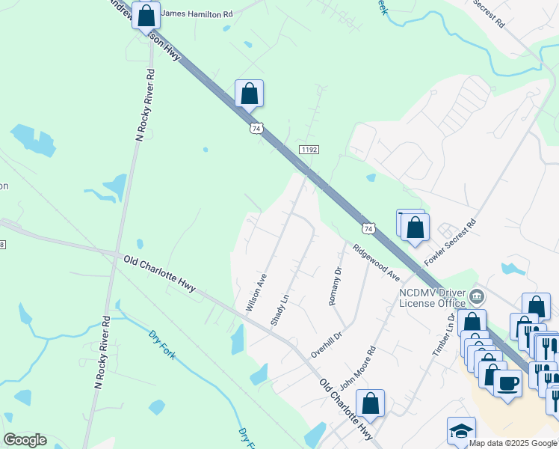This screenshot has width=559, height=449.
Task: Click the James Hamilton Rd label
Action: click(x=197, y=13)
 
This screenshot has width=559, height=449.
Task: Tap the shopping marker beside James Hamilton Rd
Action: click(x=146, y=15)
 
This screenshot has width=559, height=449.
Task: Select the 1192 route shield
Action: click(x=309, y=150)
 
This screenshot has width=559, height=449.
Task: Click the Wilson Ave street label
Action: click(x=256, y=292)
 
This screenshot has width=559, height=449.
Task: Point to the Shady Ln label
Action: click(x=279, y=309)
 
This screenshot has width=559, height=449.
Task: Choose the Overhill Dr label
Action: click(x=327, y=341)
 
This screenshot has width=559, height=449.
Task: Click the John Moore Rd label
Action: click(x=358, y=366)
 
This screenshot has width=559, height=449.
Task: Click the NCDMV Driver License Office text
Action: click(x=431, y=297)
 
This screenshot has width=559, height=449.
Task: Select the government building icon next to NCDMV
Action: click(x=476, y=299)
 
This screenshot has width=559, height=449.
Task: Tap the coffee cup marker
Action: click(x=507, y=383)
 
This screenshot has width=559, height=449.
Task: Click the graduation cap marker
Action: click(x=461, y=432)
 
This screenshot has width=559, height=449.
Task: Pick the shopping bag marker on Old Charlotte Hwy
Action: click(x=370, y=404)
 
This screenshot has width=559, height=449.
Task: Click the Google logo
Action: click(x=25, y=440)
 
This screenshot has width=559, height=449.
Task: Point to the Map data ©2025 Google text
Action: click(x=513, y=443)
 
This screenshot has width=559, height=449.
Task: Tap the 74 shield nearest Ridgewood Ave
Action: click(x=367, y=227)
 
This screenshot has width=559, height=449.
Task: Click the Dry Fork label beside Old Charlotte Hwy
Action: click(x=162, y=344)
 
